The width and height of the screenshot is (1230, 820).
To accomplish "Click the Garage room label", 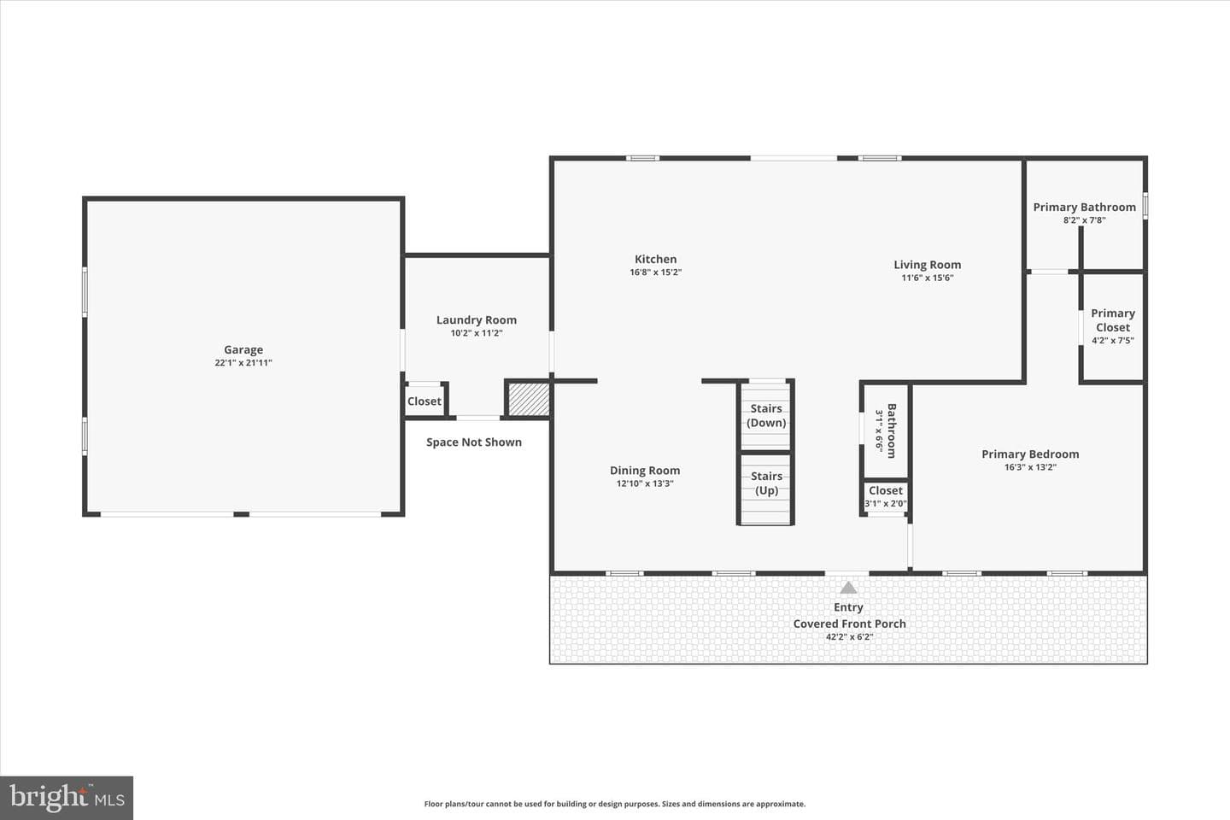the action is pyautogui.click(x=243, y=349).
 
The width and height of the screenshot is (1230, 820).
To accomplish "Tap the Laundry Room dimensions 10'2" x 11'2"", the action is pyautogui.click(x=477, y=333).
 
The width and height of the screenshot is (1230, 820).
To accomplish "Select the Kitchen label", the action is pyautogui.click(x=656, y=259).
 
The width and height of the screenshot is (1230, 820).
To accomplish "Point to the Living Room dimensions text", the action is pyautogui.click(x=928, y=278).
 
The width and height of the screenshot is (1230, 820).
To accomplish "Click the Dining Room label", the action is pyautogui.click(x=645, y=470).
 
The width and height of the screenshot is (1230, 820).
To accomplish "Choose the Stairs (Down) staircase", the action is pyautogui.click(x=765, y=416).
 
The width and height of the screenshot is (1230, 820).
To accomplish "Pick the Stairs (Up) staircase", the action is pyautogui.click(x=765, y=489).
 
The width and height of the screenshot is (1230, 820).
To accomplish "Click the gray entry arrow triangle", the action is pyautogui.click(x=848, y=589).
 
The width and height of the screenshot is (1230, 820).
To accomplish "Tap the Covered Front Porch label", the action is pyautogui.click(x=849, y=624).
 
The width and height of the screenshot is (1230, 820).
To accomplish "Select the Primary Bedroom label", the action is pyautogui.click(x=1030, y=454).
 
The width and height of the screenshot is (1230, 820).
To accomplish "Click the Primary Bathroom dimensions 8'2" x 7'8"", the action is pyautogui.click(x=1085, y=220).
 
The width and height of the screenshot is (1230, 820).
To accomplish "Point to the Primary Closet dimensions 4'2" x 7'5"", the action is pyautogui.click(x=1113, y=340).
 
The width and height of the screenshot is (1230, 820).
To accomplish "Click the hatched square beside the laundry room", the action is pyautogui.click(x=528, y=399).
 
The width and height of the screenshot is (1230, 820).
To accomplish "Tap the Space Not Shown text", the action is pyautogui.click(x=474, y=442).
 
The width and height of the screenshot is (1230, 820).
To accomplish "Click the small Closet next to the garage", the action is pyautogui.click(x=425, y=401).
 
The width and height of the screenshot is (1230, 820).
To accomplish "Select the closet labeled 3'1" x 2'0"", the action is pyautogui.click(x=885, y=497).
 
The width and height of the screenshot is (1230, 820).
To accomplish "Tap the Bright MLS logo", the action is pyautogui.click(x=67, y=798).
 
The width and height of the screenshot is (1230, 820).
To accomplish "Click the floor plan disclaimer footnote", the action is pyautogui.click(x=615, y=804).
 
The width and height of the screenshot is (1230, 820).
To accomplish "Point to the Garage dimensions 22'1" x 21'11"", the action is pyautogui.click(x=243, y=362).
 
